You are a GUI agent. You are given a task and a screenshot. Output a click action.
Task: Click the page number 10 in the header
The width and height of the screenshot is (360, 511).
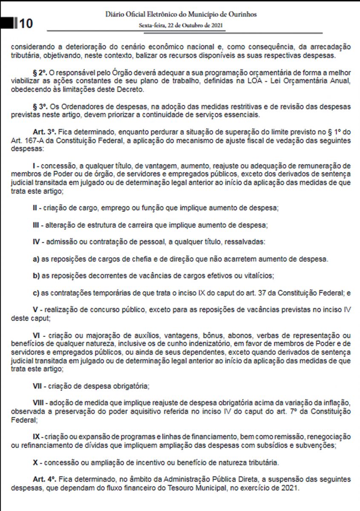[x=25, y=23]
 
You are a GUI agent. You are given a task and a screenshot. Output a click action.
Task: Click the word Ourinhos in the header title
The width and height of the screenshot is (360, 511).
[x=241, y=14]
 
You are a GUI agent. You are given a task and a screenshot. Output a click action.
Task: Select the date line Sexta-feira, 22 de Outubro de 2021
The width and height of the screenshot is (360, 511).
[x=181, y=25]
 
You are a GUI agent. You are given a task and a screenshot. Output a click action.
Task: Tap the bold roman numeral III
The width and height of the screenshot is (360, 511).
[x=36, y=224]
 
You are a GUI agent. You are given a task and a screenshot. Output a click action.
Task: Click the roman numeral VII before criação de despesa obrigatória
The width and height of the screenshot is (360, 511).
[x=37, y=386]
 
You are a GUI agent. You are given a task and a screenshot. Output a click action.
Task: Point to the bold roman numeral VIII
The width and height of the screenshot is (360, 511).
[x=38, y=403]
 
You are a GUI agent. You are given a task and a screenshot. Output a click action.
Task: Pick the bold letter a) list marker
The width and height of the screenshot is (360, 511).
[x=36, y=258]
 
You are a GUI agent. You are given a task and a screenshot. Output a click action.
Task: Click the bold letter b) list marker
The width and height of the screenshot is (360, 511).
[x=36, y=276]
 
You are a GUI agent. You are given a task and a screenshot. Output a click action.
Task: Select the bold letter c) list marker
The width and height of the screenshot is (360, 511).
[x=36, y=293]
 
